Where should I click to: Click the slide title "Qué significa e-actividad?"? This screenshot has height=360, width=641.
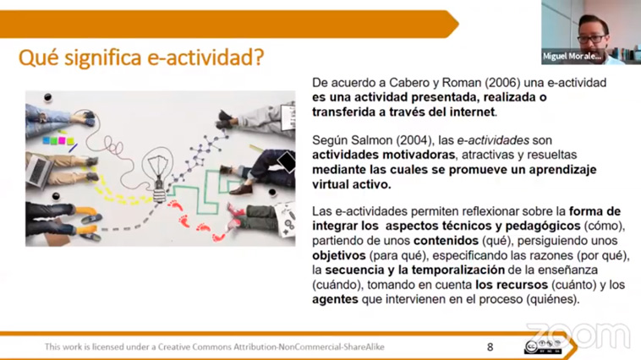click(141, 57)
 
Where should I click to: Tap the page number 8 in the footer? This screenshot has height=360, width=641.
click(490, 347)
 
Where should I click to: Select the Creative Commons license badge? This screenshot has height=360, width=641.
click(543, 347)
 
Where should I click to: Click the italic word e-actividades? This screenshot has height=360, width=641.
click(493, 140)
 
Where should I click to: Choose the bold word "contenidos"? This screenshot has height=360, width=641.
click(446, 241)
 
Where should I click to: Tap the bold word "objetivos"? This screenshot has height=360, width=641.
click(339, 256)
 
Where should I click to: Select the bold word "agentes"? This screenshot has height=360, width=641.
click(335, 300)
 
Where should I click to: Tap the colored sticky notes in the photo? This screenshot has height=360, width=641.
click(59, 140)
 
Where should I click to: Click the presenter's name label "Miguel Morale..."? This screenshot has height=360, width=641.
click(572, 57)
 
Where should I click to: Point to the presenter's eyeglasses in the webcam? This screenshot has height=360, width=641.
click(592, 39)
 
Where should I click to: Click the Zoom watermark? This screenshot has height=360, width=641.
click(578, 335)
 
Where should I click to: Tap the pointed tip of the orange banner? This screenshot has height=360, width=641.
click(458, 25)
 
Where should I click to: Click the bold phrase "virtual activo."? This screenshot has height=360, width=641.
click(352, 185)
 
